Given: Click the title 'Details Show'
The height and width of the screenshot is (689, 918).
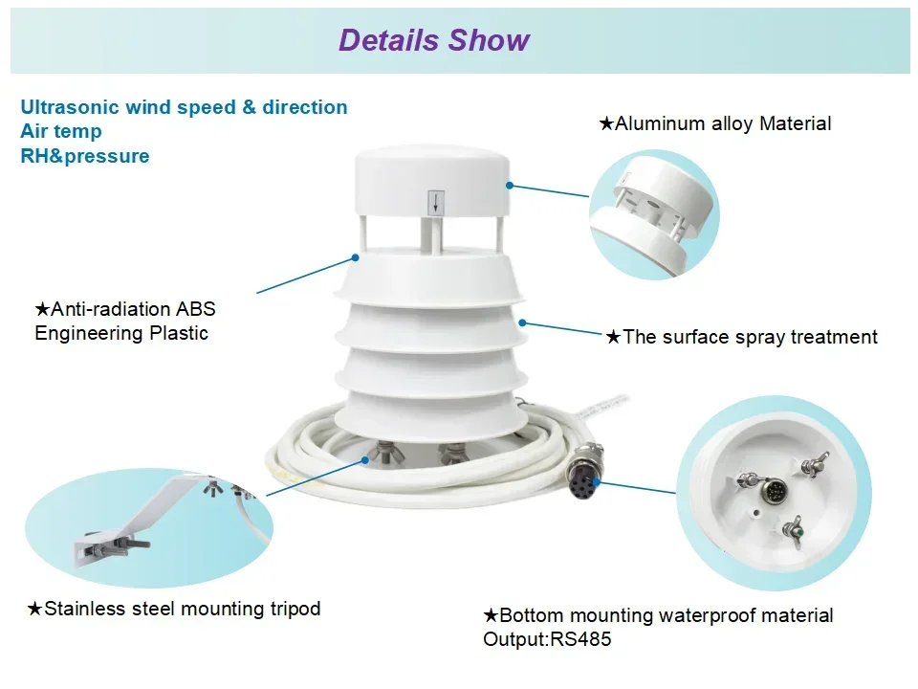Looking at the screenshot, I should pos(433,40).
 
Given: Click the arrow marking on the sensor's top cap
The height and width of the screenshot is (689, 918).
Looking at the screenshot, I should pos(435,202).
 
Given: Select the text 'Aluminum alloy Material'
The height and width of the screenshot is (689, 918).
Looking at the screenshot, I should pos(722,123).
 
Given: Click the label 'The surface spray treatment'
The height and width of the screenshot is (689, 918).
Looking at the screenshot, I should pos(749,337).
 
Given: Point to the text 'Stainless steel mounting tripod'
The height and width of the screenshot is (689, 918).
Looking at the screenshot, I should pos(182,609).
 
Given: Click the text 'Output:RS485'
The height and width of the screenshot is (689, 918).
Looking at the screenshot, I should pos(547,639).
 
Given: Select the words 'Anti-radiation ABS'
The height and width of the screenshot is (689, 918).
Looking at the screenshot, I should pos(132,309).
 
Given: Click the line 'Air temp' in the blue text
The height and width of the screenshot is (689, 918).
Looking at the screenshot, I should pos(61,132).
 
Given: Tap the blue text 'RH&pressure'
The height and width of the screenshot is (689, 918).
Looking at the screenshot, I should pos(85,156).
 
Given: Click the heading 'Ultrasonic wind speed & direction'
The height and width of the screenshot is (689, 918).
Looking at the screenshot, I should pos(184,107).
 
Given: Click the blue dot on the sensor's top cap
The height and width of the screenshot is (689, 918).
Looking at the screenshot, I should pos(511,185).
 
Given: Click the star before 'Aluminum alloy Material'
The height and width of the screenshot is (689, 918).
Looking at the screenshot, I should pos(605,123).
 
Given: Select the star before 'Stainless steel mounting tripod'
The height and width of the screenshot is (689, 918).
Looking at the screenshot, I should pos(34,609).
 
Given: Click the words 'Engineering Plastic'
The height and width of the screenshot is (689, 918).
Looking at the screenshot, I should pos(121,333).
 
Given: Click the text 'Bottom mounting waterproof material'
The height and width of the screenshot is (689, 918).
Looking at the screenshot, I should pos(666,615).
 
